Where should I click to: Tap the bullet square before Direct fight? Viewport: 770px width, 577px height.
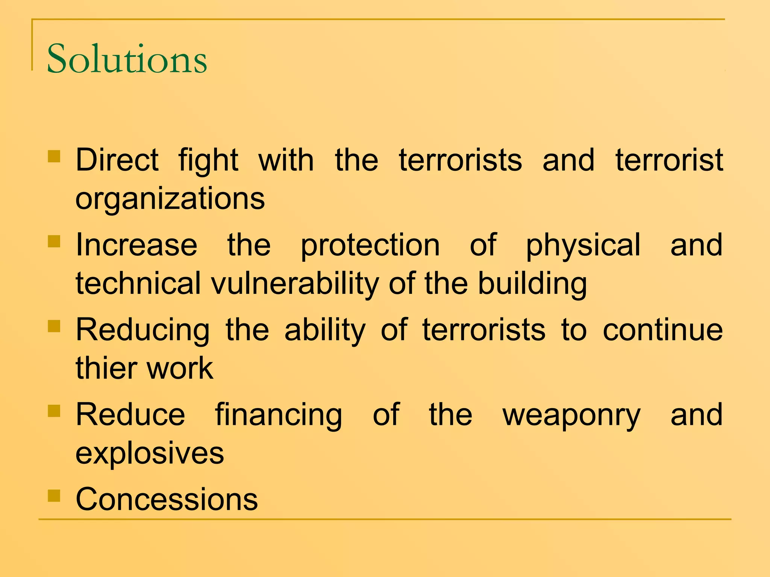54,156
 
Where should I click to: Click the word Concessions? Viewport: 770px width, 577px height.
167,499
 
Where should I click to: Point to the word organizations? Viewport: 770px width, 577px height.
170,199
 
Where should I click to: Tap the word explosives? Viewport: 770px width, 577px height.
150,453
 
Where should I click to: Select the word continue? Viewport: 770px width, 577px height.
662,330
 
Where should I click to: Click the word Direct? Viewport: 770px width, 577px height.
117,160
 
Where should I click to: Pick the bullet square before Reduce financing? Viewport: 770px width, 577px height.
54,411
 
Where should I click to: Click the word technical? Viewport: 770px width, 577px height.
138,284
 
